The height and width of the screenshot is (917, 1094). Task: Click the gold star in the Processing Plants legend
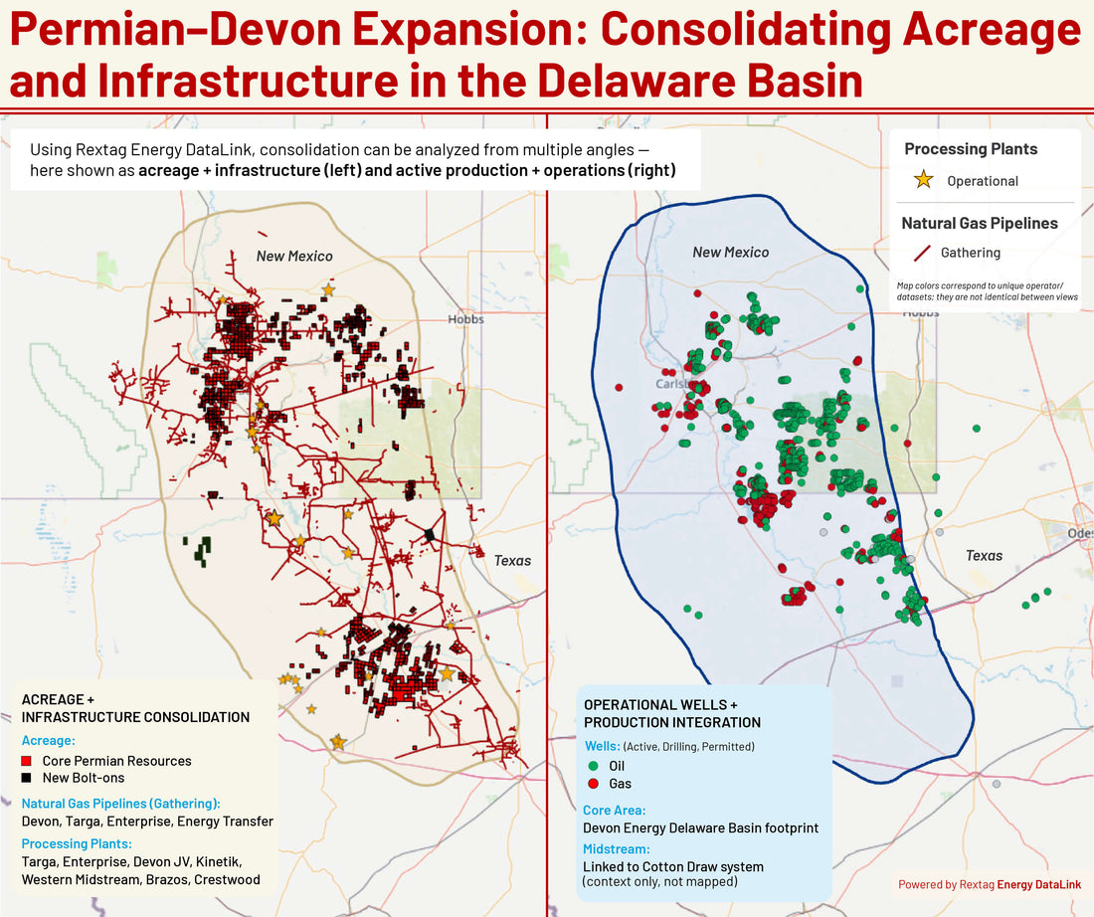[923, 180]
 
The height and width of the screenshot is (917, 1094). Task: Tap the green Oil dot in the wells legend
[593, 766]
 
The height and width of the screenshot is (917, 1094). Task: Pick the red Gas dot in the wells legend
[593, 784]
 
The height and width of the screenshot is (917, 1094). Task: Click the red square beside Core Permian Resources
[27, 761]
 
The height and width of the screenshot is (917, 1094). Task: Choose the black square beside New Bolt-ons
[27, 778]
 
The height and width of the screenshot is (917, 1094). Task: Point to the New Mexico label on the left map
[294, 257]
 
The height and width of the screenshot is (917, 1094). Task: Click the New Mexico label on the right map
[730, 253]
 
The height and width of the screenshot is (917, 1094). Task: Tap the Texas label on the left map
[512, 561]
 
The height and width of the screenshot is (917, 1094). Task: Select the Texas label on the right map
[984, 556]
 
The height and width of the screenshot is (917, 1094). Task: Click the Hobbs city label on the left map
[465, 319]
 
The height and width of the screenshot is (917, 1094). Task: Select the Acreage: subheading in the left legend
[50, 741]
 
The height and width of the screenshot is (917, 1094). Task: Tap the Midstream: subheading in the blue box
[618, 848]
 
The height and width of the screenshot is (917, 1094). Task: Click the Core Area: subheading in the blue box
[614, 811]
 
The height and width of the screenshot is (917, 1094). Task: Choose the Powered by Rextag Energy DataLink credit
[990, 884]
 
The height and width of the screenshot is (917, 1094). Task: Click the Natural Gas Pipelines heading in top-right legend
[979, 224]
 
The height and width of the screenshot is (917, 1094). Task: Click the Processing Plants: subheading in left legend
[78, 843]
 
